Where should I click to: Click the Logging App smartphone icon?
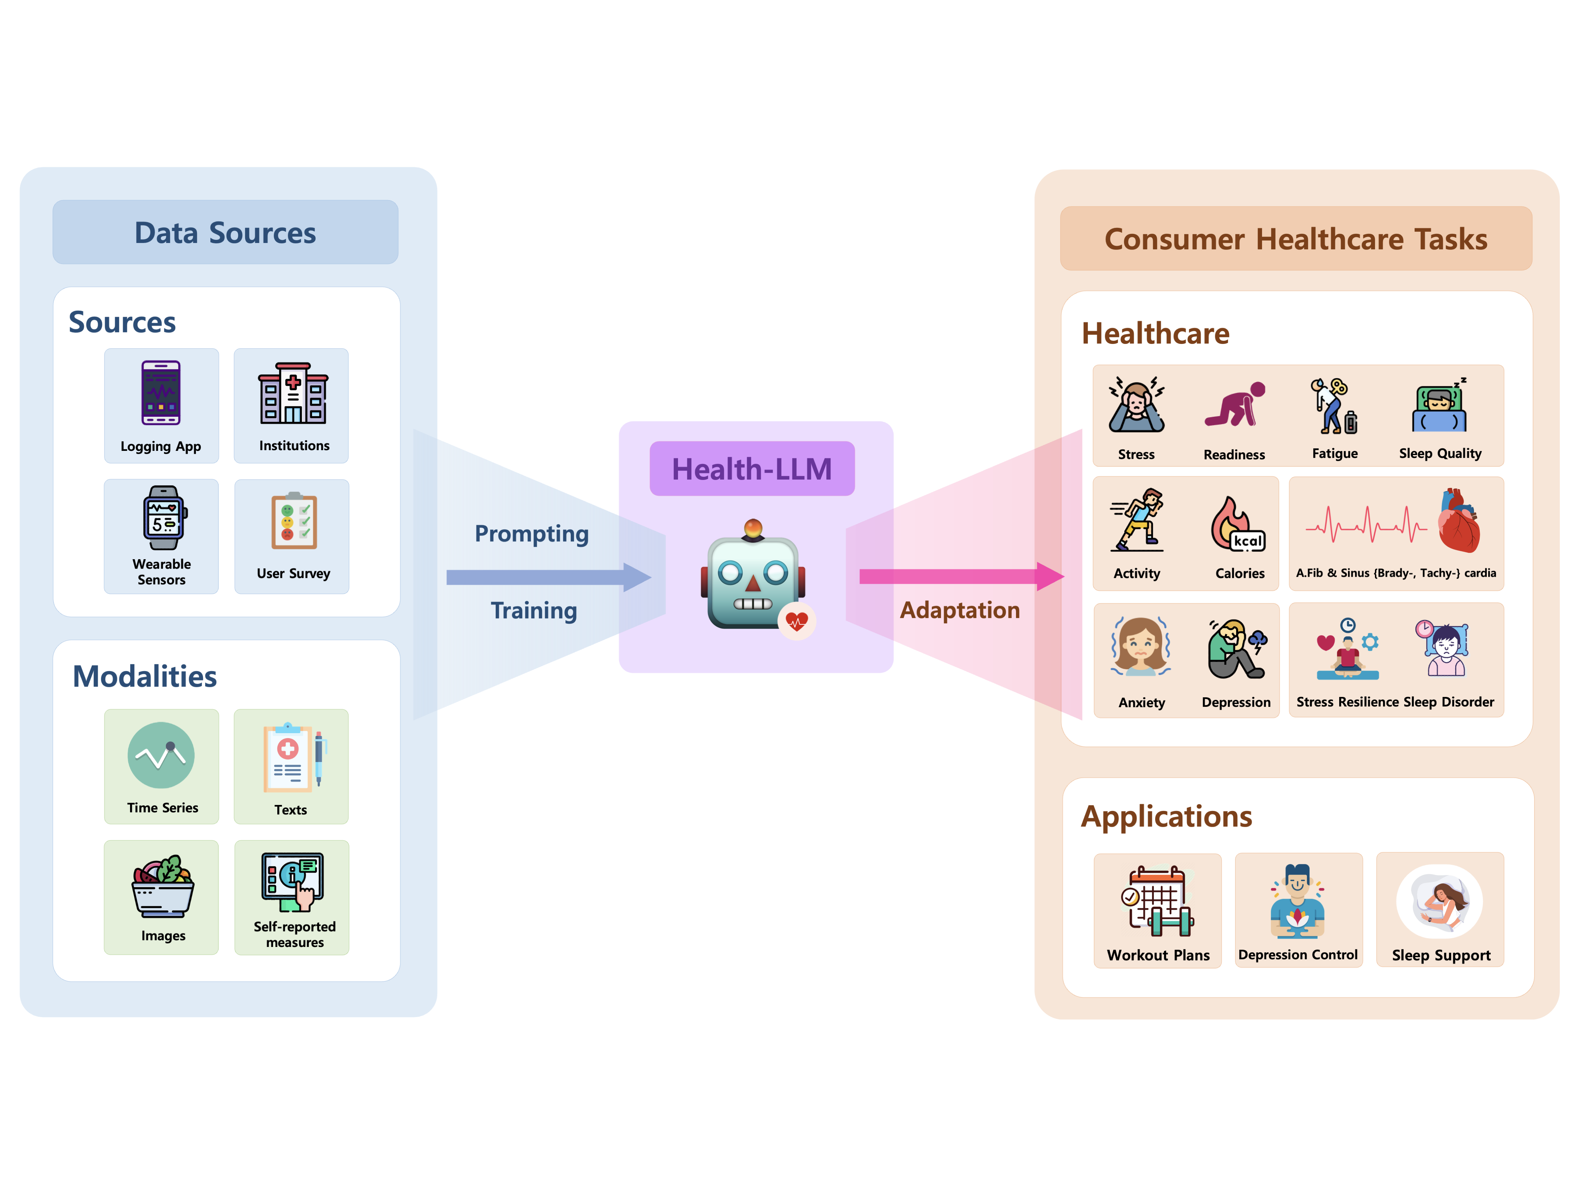click(x=161, y=393)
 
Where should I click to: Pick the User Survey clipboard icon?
click(x=293, y=521)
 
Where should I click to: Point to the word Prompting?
click(x=532, y=534)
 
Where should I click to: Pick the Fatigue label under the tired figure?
click(x=1334, y=453)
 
